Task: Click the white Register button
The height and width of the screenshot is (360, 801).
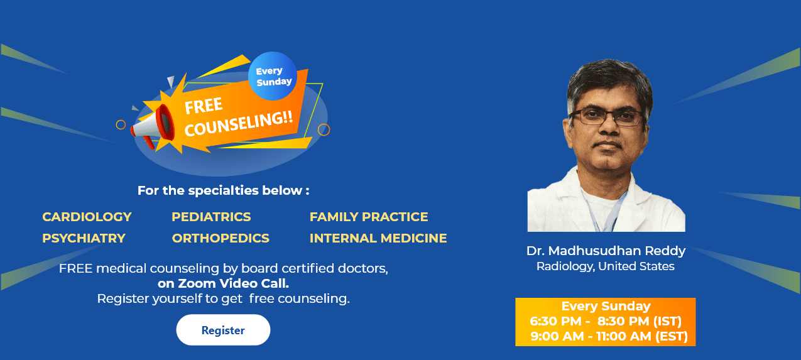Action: [x=223, y=330]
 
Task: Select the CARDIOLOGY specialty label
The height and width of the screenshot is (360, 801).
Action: [x=87, y=217]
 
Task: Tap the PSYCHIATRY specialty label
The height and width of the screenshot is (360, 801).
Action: [x=84, y=238]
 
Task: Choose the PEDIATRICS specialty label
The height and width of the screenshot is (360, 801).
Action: [x=211, y=217]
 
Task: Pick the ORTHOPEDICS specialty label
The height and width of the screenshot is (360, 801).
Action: [x=221, y=238]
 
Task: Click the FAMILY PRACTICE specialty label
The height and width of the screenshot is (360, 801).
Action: [x=369, y=217]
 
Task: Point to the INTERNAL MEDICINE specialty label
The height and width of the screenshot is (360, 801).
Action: [x=378, y=238]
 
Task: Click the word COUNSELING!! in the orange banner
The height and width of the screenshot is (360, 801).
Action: [x=239, y=123]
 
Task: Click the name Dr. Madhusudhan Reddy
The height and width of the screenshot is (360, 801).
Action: [x=606, y=251]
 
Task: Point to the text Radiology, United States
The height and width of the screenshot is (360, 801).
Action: [x=606, y=266]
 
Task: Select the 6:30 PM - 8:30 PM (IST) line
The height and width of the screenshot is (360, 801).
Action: [x=606, y=321]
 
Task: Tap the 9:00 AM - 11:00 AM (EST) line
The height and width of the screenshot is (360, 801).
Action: [x=609, y=336]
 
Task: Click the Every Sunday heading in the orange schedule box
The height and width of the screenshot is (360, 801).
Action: [x=606, y=306]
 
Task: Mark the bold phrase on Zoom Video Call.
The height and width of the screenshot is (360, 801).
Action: [x=223, y=283]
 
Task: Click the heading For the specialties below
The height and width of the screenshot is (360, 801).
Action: [x=223, y=190]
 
